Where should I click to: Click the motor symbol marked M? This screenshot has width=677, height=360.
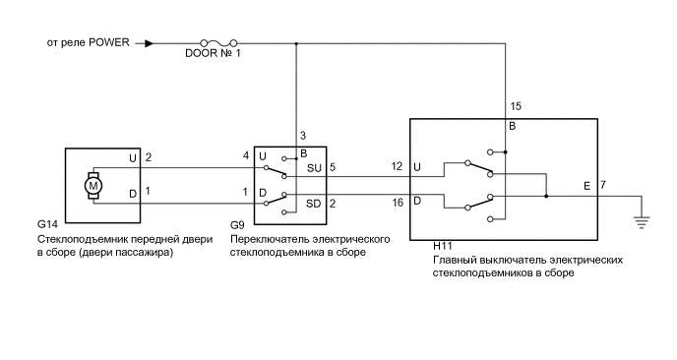[x=94, y=184]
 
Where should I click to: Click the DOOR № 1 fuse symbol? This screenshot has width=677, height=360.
[x=217, y=43]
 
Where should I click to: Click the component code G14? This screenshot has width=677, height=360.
[x=47, y=225]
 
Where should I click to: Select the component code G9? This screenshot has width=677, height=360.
[x=238, y=225]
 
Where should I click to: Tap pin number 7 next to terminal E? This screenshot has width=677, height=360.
[x=602, y=185]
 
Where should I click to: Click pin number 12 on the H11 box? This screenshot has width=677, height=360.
[x=397, y=166]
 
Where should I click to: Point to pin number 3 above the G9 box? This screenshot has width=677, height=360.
[x=303, y=135]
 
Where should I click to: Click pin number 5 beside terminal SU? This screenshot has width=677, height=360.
[x=333, y=167]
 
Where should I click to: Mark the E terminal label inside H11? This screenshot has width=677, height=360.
[x=587, y=185]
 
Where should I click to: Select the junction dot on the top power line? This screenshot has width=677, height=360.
[x=296, y=43]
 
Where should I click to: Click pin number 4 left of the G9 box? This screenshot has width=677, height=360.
[x=246, y=156]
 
